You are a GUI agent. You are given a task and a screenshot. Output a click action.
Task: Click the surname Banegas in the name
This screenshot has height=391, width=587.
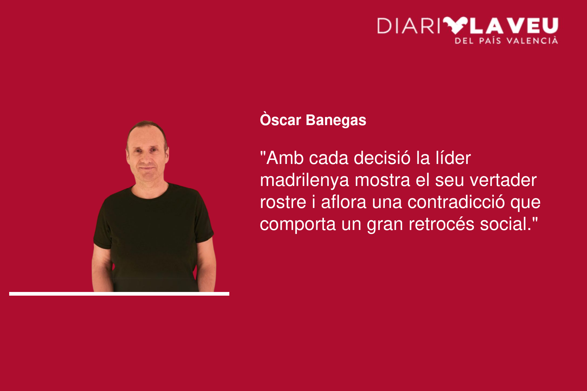(x=336, y=121)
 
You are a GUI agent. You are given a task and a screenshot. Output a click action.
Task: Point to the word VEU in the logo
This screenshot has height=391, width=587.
(x=535, y=26)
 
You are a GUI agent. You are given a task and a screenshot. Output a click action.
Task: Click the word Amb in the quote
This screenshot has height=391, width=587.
(x=285, y=158)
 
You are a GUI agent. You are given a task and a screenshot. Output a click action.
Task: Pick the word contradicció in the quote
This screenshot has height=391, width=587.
(x=456, y=202)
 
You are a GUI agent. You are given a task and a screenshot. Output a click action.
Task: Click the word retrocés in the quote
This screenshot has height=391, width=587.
(x=442, y=224)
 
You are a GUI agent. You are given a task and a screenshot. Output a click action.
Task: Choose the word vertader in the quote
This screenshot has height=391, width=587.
(x=503, y=180)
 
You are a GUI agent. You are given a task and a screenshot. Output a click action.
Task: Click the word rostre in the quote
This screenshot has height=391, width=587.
(x=283, y=202)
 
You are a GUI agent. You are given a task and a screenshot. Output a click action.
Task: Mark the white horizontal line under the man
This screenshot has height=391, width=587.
(x=119, y=294)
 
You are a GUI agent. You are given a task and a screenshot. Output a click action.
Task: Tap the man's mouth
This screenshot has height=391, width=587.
(x=147, y=168)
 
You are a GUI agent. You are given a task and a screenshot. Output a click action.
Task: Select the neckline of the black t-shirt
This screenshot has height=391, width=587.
(x=149, y=193)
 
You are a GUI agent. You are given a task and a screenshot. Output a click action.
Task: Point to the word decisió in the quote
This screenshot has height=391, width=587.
(x=382, y=158)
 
